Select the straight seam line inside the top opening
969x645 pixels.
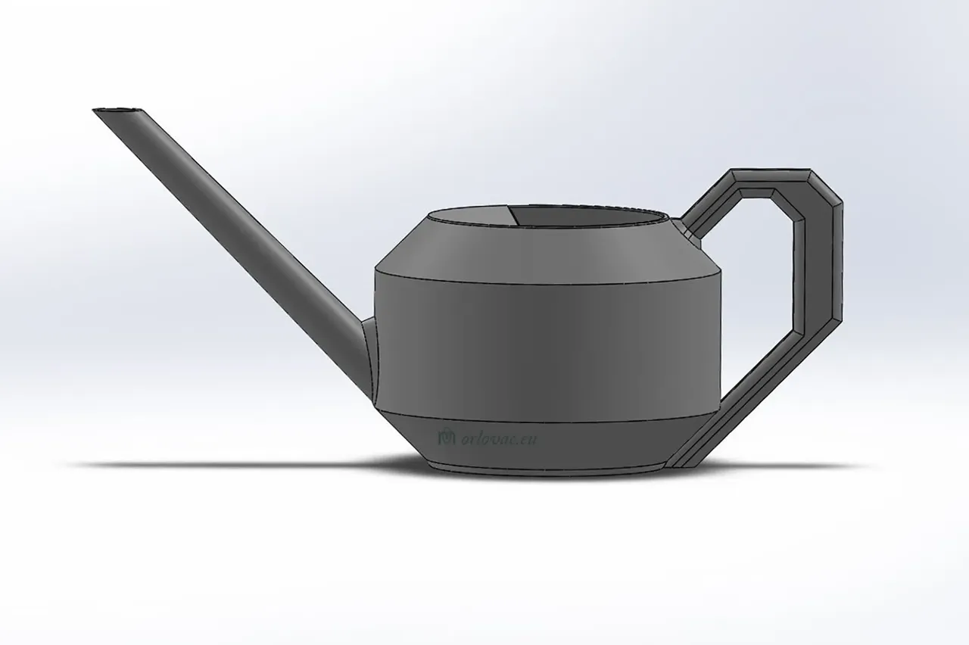click(513, 215)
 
